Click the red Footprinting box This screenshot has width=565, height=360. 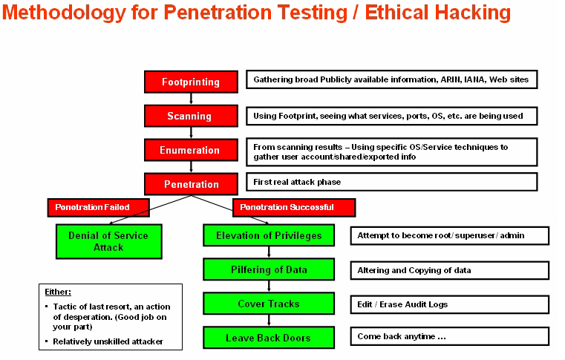pos(191,82)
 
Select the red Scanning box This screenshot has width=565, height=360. pos(191,116)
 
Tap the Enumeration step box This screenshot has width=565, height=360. pos(191,150)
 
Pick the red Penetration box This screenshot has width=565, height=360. pos(191,184)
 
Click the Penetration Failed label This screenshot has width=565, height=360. pos(98,208)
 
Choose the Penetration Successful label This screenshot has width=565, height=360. pos(294,208)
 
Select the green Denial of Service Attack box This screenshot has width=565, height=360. pos(109,241)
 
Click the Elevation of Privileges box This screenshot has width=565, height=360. pos(269,235)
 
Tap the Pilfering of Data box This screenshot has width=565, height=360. pos(269,269)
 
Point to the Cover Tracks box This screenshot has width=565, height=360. pos(269,304)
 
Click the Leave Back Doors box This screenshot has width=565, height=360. pos(269,338)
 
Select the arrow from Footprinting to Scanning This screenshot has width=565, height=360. pos(191,99)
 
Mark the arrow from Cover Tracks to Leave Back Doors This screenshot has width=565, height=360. pos(269,321)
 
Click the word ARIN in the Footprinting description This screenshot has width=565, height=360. pos(450,79)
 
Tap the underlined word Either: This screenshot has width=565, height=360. pos(58,292)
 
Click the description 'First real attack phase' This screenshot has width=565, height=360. pos(297,182)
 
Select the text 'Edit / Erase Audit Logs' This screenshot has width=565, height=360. pos(402,304)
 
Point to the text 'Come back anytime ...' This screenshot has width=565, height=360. pos(402,336)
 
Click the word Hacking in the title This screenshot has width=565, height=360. pos(473,13)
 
